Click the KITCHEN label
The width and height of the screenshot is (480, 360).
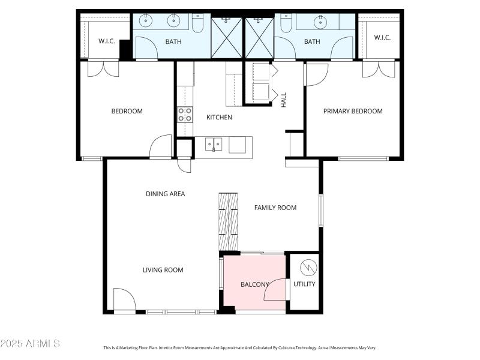pos(219,117)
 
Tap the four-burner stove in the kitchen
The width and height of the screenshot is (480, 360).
pos(185,115)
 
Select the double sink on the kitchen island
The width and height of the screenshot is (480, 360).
pos(213,144)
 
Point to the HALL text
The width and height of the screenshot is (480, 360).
pos(284,100)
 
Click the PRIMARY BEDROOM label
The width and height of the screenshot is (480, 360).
pos(353,111)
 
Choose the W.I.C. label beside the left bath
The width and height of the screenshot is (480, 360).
pos(106,41)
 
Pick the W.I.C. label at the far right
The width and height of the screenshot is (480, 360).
pos(382,37)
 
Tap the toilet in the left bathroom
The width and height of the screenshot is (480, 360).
pos(198,23)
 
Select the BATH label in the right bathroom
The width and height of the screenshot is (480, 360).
pos(312,41)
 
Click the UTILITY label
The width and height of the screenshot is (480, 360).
pos(304,284)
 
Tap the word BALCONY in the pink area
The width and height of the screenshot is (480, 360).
pos(254,284)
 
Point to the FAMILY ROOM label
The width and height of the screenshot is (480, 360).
pos(275,208)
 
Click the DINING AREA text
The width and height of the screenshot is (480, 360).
pos(165,194)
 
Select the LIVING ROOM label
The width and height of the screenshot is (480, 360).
pos(163,270)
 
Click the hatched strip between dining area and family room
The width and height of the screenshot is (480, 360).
pos(228,221)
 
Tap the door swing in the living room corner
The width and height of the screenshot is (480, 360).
pos(124,299)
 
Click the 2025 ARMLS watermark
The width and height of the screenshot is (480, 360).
pos(30,344)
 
